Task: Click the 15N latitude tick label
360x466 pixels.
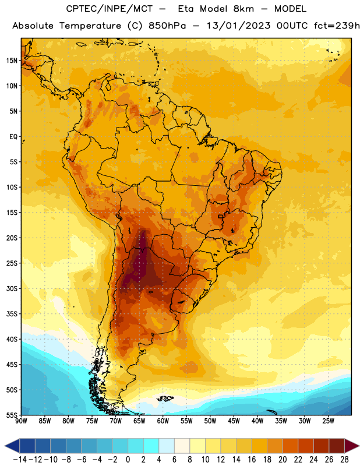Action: pyautogui.click(x=12, y=61)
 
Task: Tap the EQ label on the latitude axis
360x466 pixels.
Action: pyautogui.click(x=13, y=137)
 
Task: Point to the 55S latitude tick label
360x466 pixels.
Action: pyautogui.click(x=12, y=415)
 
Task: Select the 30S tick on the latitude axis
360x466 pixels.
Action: pyautogui.click(x=12, y=288)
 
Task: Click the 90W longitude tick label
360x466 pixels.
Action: pyautogui.click(x=21, y=421)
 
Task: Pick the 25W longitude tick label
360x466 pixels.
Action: pyautogui.click(x=328, y=421)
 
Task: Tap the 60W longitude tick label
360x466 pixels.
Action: pyautogui.click(x=163, y=421)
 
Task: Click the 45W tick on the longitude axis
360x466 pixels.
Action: pyautogui.click(x=234, y=421)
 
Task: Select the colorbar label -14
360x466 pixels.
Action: pyautogui.click(x=20, y=460)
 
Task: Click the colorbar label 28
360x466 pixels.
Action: pyautogui.click(x=344, y=460)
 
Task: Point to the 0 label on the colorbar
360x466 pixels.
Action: pyautogui.click(x=128, y=460)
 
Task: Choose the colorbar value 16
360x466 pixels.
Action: pyautogui.click(x=252, y=460)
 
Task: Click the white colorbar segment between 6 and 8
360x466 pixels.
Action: pyautogui.click(x=182, y=446)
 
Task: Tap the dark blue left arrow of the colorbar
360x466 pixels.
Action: pyautogui.click(x=12, y=446)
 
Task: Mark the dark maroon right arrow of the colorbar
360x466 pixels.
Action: pyautogui.click(x=352, y=446)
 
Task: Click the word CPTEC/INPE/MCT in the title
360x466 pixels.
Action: pyautogui.click(x=110, y=9)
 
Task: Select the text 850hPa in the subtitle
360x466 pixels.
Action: pyautogui.click(x=167, y=26)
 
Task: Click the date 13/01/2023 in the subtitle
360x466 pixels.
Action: pyautogui.click(x=239, y=26)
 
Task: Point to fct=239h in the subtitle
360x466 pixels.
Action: pyautogui.click(x=337, y=26)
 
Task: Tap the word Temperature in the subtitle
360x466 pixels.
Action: pyautogui.click(x=90, y=26)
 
